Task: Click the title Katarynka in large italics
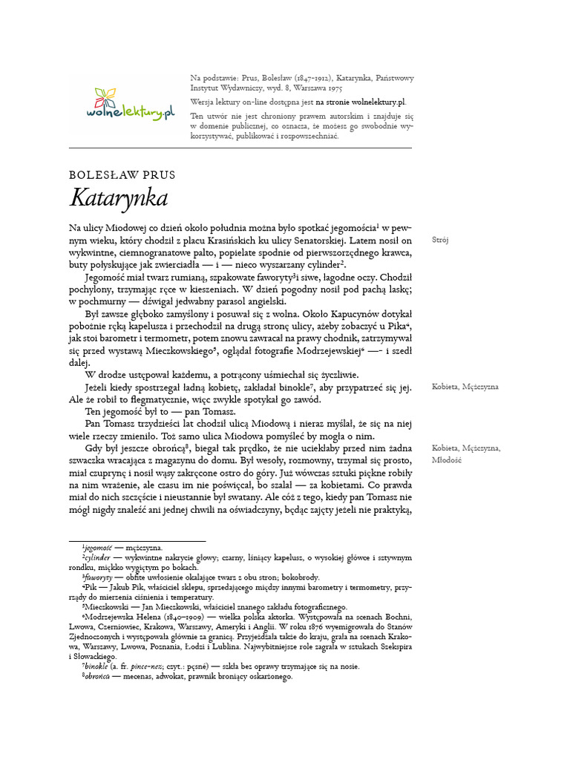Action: pyautogui.click(x=119, y=198)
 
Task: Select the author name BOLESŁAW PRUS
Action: pyautogui.click(x=122, y=175)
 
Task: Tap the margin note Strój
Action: pyautogui.click(x=440, y=240)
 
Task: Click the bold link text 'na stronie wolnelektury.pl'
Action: pyautogui.click(x=361, y=101)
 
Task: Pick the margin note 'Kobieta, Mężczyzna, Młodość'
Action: pyautogui.click(x=466, y=453)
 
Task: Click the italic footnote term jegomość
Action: pyautogui.click(x=103, y=547)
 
